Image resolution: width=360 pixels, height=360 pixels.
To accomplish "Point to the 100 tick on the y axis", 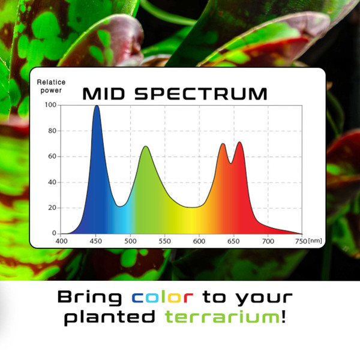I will [x=50, y=105].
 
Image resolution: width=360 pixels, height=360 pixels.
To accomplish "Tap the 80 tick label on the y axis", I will [x=52, y=131].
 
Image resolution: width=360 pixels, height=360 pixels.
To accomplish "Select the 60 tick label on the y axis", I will [x=52, y=157].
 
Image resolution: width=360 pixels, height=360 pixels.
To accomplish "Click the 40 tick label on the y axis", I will [x=52, y=182].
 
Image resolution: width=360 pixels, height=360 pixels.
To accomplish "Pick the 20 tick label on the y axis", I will [x=52, y=208].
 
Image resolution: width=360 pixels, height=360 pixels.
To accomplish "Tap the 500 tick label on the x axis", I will [x=130, y=241].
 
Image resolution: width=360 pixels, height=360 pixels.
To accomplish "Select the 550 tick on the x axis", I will [x=165, y=241].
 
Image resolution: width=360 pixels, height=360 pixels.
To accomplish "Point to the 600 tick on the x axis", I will [x=199, y=241].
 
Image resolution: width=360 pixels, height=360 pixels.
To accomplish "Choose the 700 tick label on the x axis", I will [x=268, y=241].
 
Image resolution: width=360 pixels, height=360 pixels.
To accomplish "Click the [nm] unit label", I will [x=314, y=241].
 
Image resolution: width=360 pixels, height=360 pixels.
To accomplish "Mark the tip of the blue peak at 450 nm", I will [x=96, y=106].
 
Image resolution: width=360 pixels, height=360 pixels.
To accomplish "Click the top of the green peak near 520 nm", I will [x=145, y=146].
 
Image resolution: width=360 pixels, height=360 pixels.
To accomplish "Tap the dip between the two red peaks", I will [x=230, y=163].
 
